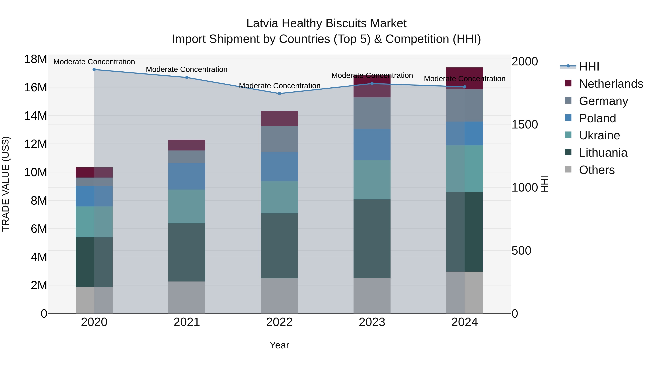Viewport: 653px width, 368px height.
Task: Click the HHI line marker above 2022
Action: click(279, 93)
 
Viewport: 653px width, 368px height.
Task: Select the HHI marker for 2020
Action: click(94, 70)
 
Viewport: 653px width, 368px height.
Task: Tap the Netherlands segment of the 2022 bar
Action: click(279, 118)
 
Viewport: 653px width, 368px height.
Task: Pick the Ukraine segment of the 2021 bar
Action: click(187, 206)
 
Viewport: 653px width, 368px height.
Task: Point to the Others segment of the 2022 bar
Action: click(279, 296)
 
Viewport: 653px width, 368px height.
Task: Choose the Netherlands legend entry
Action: click(611, 84)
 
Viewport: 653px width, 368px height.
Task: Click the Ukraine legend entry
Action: click(599, 135)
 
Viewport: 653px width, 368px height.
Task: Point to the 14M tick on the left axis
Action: click(36, 116)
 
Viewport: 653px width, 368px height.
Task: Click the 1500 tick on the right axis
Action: click(524, 124)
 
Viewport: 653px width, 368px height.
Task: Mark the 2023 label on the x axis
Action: click(372, 322)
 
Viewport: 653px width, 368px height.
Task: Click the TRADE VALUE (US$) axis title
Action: click(6, 184)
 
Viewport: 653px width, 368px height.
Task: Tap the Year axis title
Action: click(279, 345)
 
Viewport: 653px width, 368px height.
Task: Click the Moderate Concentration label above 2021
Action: click(187, 69)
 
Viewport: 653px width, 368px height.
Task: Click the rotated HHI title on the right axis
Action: click(545, 184)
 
